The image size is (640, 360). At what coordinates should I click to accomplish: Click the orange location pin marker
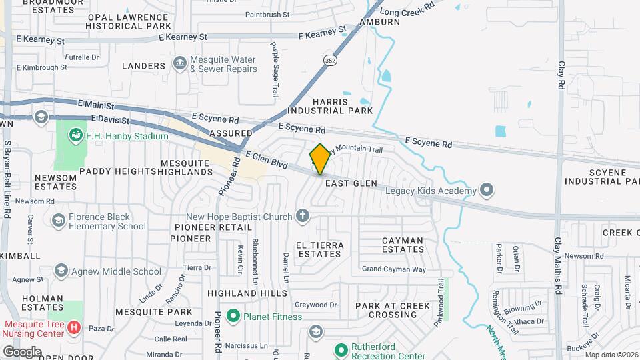pos(320,159)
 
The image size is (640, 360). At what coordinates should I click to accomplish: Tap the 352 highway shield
pos(330,60)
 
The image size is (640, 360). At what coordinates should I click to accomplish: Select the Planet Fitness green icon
pos(233,316)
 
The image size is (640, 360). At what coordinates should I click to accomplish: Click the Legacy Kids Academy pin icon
pos(487,191)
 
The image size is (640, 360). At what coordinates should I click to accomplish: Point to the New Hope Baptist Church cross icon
pos(303,216)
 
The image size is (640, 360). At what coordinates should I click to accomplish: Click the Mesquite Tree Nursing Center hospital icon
pos(74,328)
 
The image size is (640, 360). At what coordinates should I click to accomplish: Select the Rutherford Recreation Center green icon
pos(341,349)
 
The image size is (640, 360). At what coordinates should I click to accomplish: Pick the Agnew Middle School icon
pos(61,271)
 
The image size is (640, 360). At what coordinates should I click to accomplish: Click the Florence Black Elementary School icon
pos(59,220)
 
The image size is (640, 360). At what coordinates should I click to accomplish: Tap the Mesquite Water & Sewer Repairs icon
pos(179,63)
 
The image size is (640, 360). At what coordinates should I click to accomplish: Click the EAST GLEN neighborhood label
pos(351,183)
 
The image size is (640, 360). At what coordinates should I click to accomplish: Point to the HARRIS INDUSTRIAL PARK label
pos(330,105)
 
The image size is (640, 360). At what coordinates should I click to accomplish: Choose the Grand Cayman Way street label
pos(393,269)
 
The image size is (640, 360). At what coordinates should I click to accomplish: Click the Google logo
pos(22,351)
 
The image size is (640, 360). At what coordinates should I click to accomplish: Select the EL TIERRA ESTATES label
pos(321,249)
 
